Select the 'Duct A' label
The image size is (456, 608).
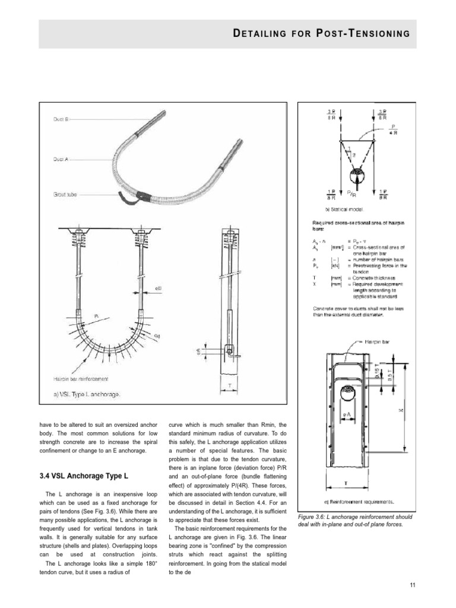tap(61, 159)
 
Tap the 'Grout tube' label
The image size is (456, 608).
tap(64, 194)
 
